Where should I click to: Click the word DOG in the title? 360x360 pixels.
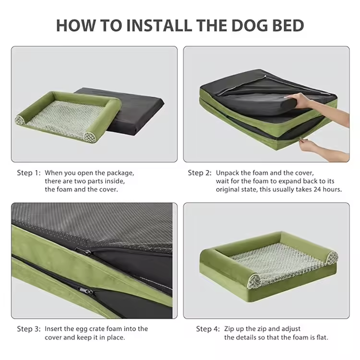click(x=250, y=25)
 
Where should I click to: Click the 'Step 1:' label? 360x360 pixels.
click(x=29, y=173)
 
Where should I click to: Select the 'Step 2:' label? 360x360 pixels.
click(x=200, y=173)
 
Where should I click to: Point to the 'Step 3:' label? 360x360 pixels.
click(x=29, y=329)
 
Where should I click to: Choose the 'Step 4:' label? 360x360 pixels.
click(x=208, y=329)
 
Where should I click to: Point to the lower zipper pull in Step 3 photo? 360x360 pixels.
click(x=85, y=291)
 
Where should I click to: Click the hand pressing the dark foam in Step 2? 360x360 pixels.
click(x=299, y=100)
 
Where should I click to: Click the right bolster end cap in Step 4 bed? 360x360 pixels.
click(x=332, y=258)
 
